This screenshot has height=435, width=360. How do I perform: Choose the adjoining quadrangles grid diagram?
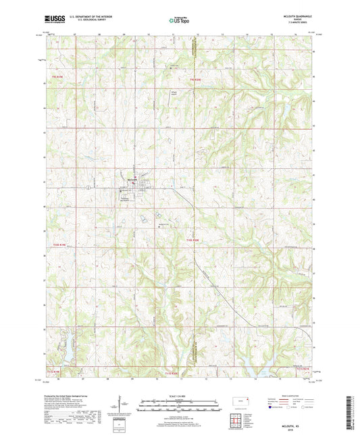coord(237,419)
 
